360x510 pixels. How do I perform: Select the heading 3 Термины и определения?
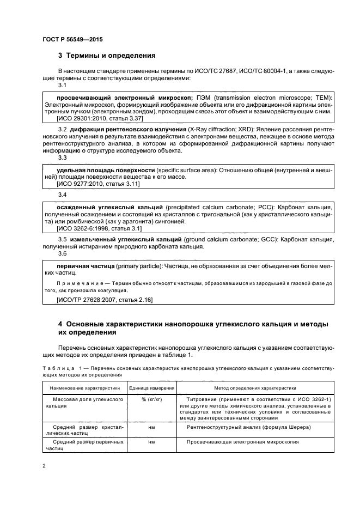click(x=107, y=56)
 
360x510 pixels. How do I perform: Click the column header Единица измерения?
click(x=151, y=388)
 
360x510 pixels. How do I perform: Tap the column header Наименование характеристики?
click(x=84, y=388)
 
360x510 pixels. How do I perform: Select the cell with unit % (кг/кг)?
click(x=151, y=399)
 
